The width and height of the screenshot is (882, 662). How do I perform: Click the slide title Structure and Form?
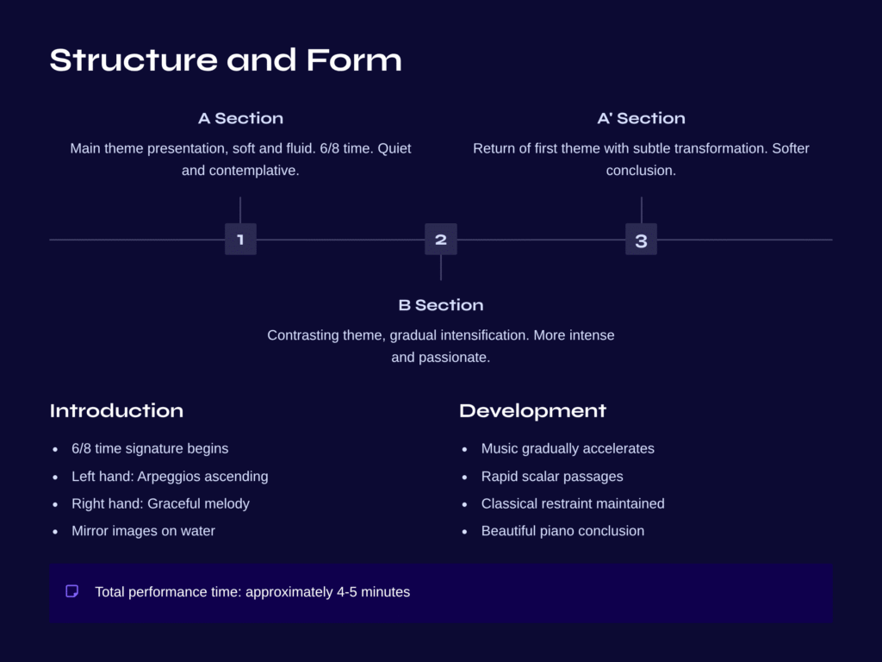tap(226, 60)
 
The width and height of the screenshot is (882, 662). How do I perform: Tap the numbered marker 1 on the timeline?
tap(240, 240)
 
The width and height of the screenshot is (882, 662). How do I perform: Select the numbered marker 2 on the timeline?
tap(441, 240)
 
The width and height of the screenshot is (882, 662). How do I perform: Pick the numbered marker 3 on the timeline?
tap(641, 240)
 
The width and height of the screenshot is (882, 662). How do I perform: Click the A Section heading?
tap(240, 118)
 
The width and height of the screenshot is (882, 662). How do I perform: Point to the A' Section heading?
tap(641, 118)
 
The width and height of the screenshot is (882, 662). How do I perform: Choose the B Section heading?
tap(441, 305)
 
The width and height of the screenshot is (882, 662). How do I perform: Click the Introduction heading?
tap(116, 410)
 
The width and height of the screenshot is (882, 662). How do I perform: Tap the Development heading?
tap(532, 410)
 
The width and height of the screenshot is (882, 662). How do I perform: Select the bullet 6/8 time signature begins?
tap(150, 448)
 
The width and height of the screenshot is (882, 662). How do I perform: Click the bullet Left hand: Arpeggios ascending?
tap(170, 476)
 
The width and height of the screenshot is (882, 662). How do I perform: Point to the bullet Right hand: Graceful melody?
tap(160, 503)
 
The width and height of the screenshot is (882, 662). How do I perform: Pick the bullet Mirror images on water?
tap(143, 531)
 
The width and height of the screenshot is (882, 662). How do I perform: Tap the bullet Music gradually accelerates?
tap(568, 448)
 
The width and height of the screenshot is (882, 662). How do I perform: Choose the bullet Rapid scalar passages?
tap(552, 476)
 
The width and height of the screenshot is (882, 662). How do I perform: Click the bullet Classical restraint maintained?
tap(573, 503)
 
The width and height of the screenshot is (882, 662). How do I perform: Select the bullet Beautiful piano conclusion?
tap(562, 531)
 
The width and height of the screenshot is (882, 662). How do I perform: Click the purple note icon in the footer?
tap(72, 591)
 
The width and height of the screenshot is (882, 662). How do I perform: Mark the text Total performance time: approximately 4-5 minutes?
tap(252, 592)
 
